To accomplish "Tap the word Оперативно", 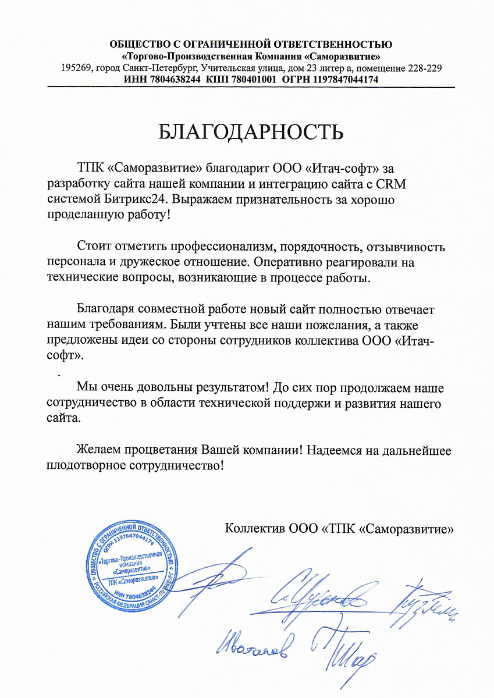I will click(x=324, y=262).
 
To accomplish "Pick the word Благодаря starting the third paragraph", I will click(x=109, y=309).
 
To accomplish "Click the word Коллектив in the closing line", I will click(x=253, y=529).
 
